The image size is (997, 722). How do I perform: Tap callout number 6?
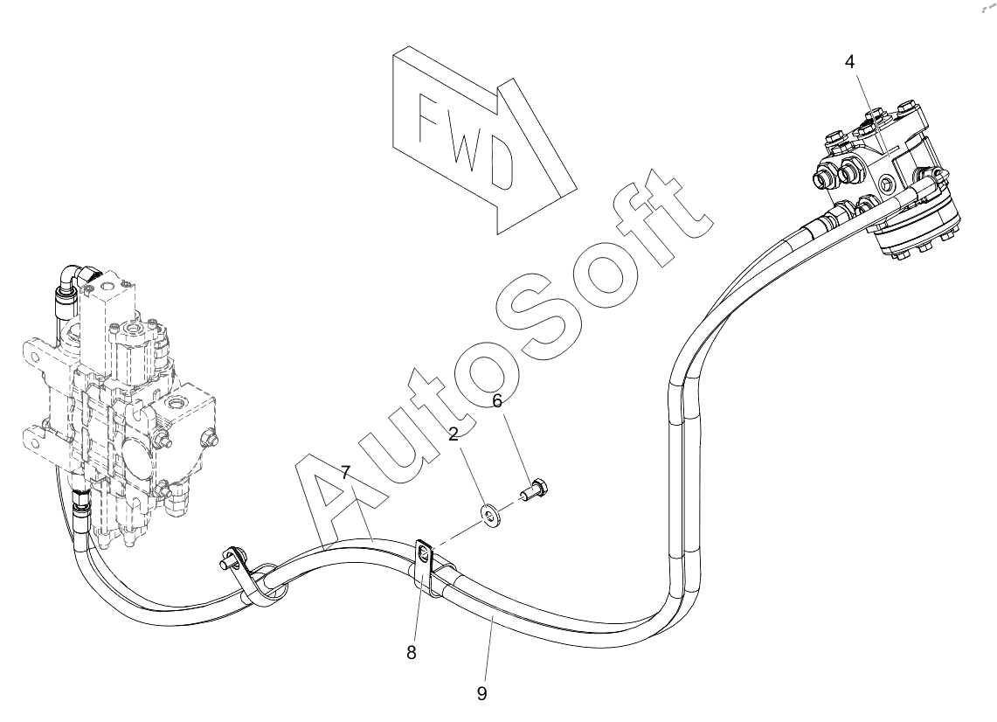[497, 401]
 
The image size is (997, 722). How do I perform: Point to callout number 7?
[346, 473]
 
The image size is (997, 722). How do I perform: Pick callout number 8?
[412, 652]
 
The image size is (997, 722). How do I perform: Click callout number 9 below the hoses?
[481, 693]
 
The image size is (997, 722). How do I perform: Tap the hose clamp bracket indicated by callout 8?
[423, 559]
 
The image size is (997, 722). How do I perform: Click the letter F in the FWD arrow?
[433, 120]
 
